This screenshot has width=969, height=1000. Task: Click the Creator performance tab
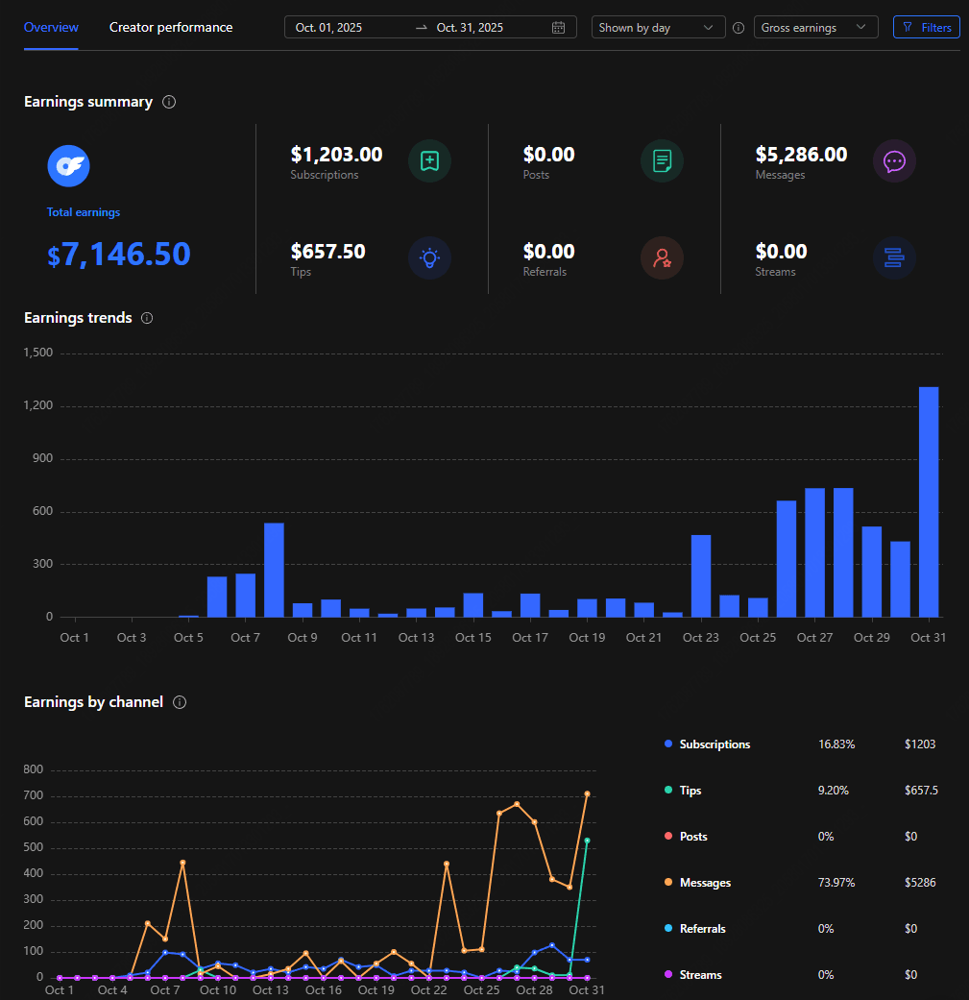(x=171, y=27)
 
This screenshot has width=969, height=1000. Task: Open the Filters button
(x=926, y=27)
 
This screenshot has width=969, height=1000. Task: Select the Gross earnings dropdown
(x=815, y=27)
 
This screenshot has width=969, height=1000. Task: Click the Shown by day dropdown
(x=658, y=27)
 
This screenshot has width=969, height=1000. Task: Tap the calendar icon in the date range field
(x=559, y=28)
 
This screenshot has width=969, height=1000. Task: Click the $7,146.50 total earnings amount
(x=119, y=255)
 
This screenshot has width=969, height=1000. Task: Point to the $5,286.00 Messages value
(x=801, y=155)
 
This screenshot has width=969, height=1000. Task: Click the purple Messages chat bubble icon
(x=894, y=161)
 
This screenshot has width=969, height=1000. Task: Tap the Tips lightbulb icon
(x=429, y=257)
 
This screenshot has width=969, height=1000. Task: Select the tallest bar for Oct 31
(x=929, y=501)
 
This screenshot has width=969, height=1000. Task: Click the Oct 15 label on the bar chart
(x=472, y=638)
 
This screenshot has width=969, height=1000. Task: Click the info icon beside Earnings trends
(x=147, y=318)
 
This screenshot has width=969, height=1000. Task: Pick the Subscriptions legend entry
(x=715, y=744)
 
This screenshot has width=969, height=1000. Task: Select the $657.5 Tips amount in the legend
(x=921, y=791)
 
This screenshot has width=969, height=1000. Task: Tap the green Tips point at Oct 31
(x=587, y=841)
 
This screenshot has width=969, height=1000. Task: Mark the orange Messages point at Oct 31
(x=587, y=793)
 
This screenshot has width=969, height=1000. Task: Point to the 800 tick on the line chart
(x=35, y=769)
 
